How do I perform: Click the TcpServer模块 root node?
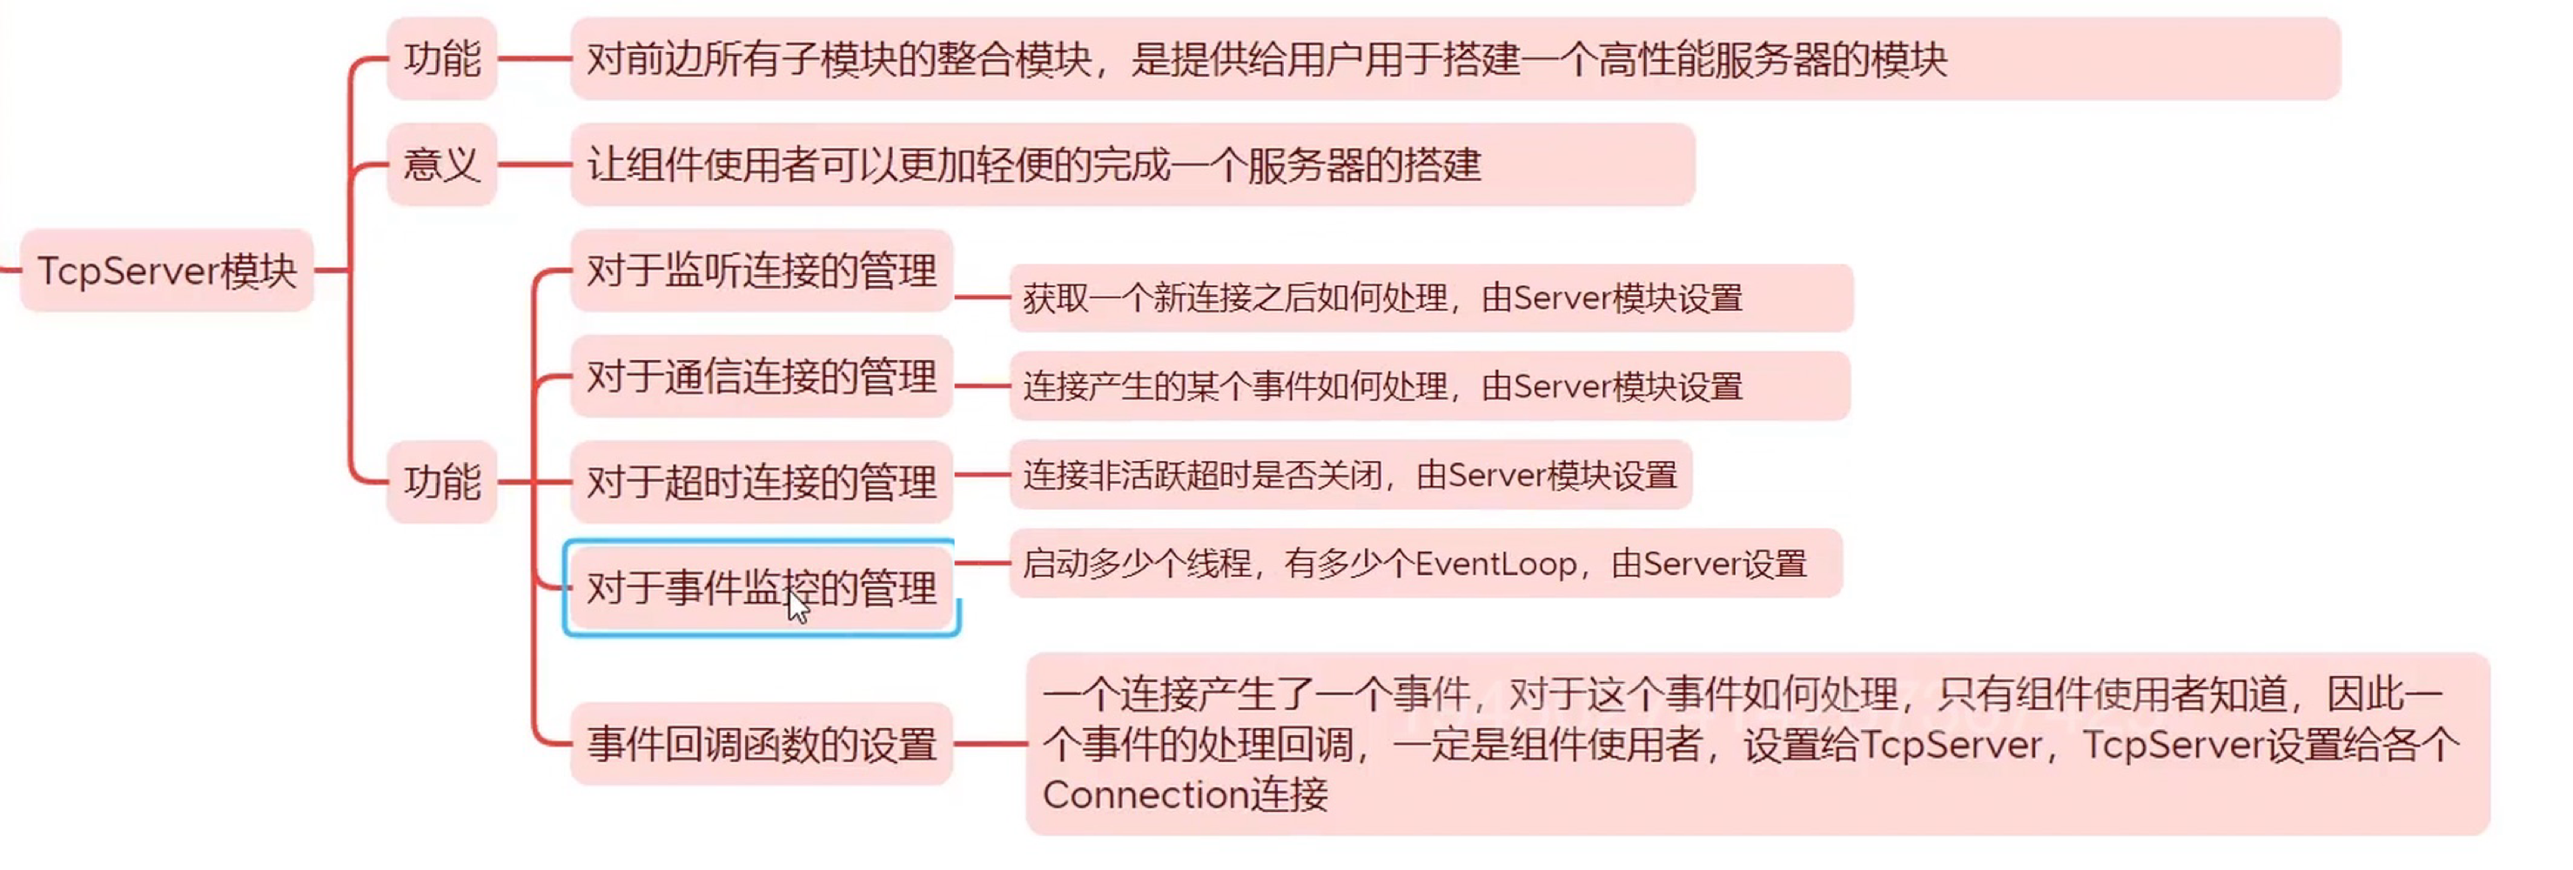tap(167, 271)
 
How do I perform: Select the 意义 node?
tap(441, 164)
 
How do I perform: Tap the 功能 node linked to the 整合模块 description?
tap(441, 59)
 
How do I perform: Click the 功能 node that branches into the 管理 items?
tap(441, 481)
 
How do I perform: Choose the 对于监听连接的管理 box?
tap(761, 271)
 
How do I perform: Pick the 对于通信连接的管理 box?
tap(761, 377)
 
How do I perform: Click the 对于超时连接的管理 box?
tap(761, 481)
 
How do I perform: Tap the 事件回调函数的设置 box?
tap(761, 744)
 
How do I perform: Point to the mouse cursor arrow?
tap(797, 606)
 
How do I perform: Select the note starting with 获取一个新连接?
tap(1430, 298)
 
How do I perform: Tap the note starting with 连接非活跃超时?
tap(1349, 475)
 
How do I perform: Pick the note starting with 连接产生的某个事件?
tap(1429, 386)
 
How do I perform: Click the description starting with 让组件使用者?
tap(1132, 164)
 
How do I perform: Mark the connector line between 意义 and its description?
tap(534, 164)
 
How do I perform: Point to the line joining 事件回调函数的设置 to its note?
tap(989, 744)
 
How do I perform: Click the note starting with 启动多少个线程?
tap(1426, 565)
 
